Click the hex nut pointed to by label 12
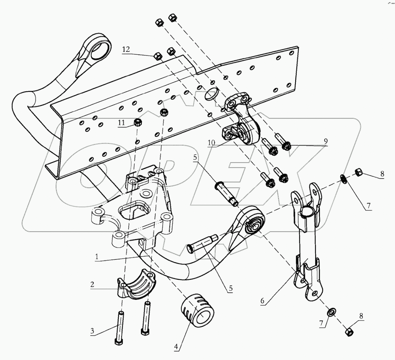157,56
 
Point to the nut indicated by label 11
137,122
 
